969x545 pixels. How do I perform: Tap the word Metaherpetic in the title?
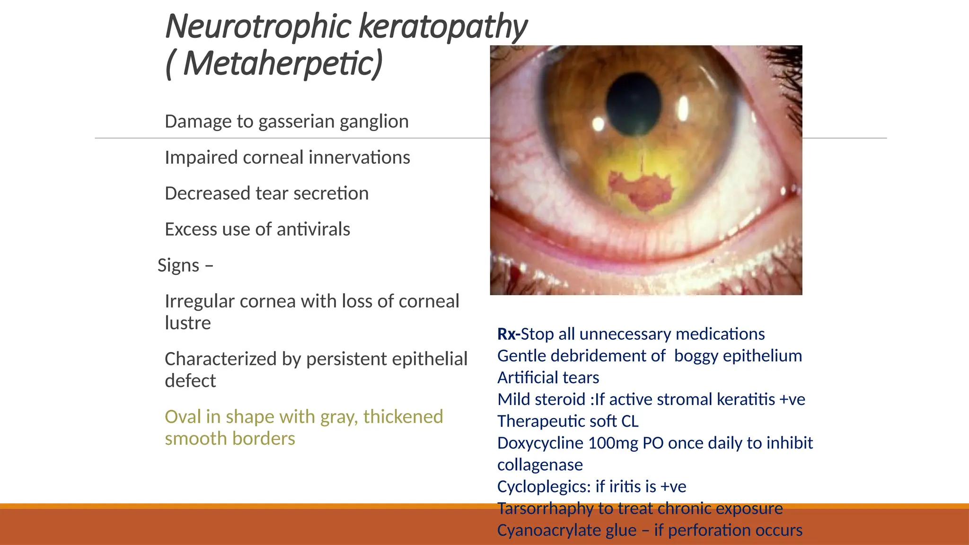[282, 64]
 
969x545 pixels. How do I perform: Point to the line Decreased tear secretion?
[266, 193]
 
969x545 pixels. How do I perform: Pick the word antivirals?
[313, 229]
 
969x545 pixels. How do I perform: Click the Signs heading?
[179, 265]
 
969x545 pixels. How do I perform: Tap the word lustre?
[188, 323]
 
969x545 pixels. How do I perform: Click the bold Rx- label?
[508, 334]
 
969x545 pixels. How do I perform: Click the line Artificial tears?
[548, 378]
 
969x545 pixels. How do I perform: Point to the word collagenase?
[540, 465]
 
